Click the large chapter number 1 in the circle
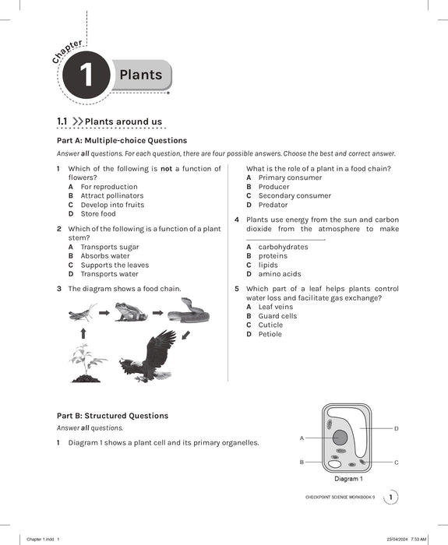pyautogui.click(x=86, y=75)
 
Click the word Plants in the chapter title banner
pyautogui.click(x=141, y=75)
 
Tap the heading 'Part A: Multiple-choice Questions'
pyautogui.click(x=122, y=140)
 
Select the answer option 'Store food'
pyautogui.click(x=97, y=214)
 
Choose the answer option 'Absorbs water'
pyautogui.click(x=105, y=256)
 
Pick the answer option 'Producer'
pyautogui.click(x=273, y=187)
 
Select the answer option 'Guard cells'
pyautogui.click(x=277, y=316)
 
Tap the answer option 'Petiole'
pyautogui.click(x=270, y=335)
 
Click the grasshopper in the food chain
pyautogui.click(x=79, y=313)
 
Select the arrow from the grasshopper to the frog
pyautogui.click(x=105, y=313)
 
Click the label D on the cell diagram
pyautogui.click(x=396, y=428)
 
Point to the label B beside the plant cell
pyautogui.click(x=302, y=462)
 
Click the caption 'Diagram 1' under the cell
pyautogui.click(x=348, y=479)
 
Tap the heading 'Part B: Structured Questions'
pyautogui.click(x=112, y=417)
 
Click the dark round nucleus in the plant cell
pyautogui.click(x=340, y=438)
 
